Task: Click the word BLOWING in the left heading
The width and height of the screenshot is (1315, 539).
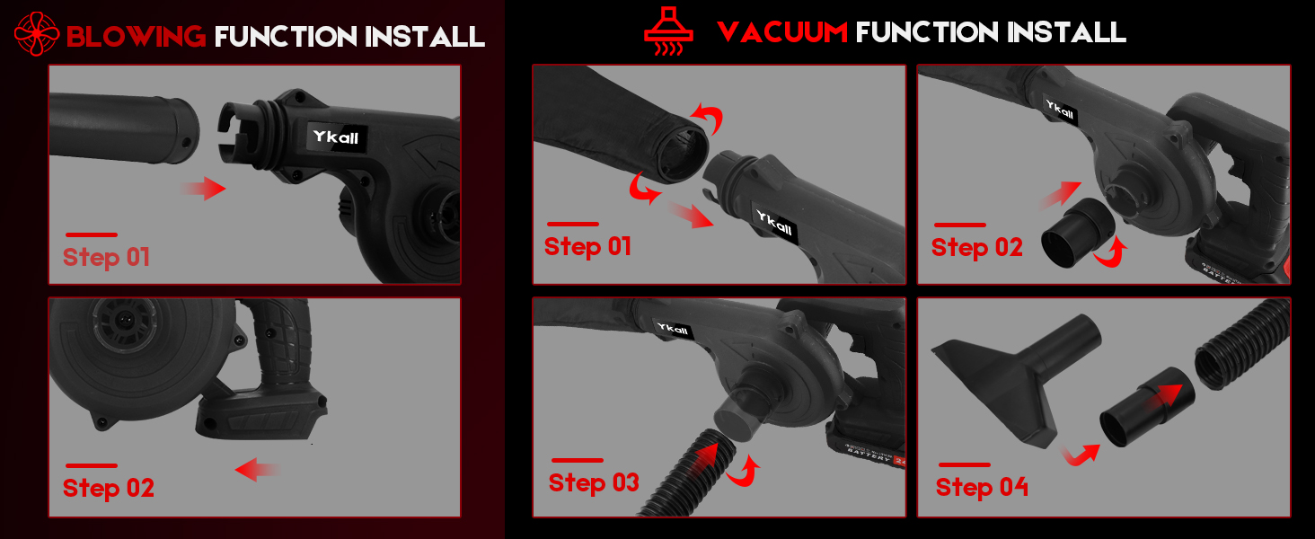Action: [136, 37]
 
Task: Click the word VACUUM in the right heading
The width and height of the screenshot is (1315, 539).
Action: [782, 33]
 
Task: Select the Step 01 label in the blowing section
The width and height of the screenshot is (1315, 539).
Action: [106, 257]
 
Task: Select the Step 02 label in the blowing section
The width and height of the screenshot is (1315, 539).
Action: [108, 488]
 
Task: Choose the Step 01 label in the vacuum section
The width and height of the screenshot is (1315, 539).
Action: [587, 246]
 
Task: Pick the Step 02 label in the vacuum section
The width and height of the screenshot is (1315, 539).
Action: [976, 247]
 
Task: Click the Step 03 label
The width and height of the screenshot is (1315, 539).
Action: [594, 482]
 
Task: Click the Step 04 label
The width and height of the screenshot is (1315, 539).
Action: [982, 487]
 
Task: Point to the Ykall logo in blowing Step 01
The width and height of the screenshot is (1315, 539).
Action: [336, 137]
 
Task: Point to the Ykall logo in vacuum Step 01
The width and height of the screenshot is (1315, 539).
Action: [775, 225]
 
